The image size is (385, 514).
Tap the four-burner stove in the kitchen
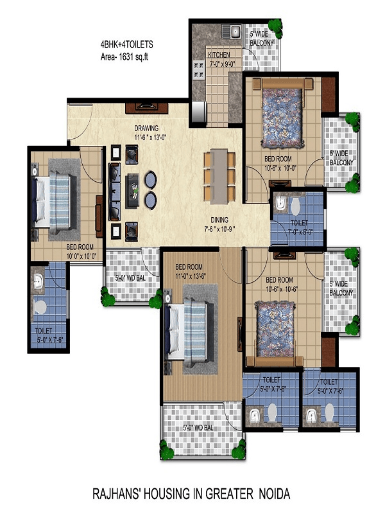point(198,70)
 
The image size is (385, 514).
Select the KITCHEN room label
point(219,55)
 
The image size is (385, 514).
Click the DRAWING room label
point(146,128)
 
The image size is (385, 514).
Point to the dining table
point(219,175)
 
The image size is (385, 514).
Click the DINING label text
point(219,220)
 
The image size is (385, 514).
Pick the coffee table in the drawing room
point(132,190)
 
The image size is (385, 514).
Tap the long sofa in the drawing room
point(115,191)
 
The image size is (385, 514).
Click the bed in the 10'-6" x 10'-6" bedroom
point(275,333)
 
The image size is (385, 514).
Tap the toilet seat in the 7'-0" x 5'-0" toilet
point(296,206)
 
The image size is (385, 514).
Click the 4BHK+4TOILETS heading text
point(126,44)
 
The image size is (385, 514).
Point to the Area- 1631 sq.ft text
point(124,57)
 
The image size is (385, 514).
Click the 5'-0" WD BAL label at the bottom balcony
point(198,427)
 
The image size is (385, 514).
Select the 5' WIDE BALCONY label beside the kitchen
point(262,39)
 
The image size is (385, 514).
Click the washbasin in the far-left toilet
point(38,281)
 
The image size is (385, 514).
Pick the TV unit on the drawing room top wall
point(147,108)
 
